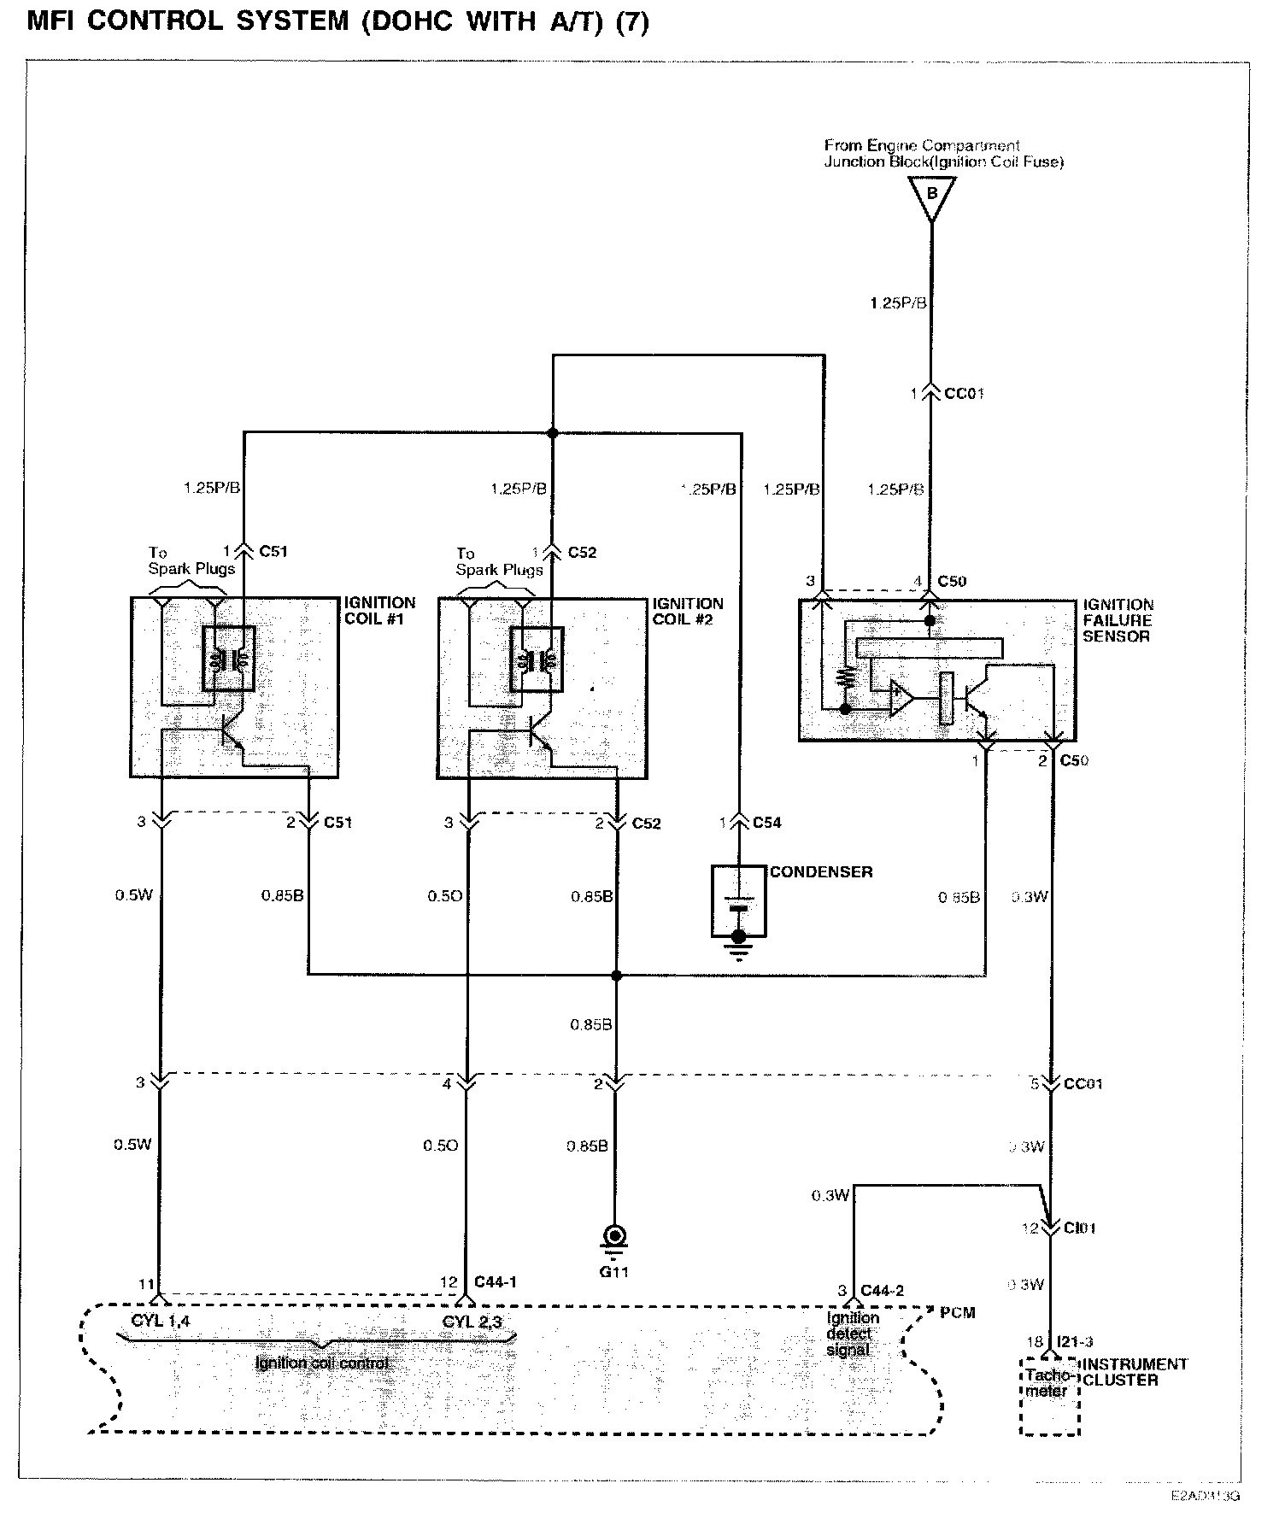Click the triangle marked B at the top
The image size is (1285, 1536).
pyautogui.click(x=931, y=194)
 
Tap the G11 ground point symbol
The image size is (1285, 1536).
pyautogui.click(x=613, y=1236)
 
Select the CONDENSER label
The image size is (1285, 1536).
pyautogui.click(x=820, y=872)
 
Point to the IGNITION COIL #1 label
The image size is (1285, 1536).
pyautogui.click(x=378, y=611)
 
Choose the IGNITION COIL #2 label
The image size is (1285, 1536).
pyautogui.click(x=687, y=611)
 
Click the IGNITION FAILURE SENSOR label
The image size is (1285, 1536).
pyautogui.click(x=1118, y=620)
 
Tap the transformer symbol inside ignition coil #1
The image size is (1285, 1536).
pyautogui.click(x=228, y=660)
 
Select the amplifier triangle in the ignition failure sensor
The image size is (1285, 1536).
pyautogui.click(x=901, y=698)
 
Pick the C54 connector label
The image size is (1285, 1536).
pyautogui.click(x=766, y=823)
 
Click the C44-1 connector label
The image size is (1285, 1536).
pyautogui.click(x=496, y=1282)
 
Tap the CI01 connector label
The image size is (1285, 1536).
pyautogui.click(x=1079, y=1228)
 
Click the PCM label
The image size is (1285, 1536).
pyautogui.click(x=957, y=1312)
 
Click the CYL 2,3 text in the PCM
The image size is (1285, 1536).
pyautogui.click(x=472, y=1322)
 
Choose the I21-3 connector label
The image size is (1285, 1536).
pyautogui.click(x=1074, y=1343)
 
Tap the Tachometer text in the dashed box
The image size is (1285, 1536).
pyautogui.click(x=1048, y=1383)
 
